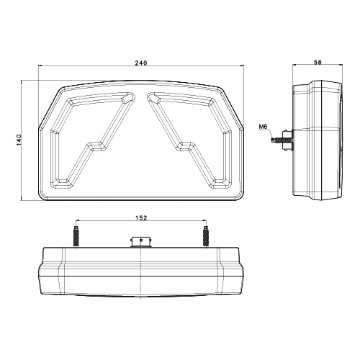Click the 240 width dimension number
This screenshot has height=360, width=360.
click(x=140, y=64)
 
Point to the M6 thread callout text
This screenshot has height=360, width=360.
click(x=264, y=129)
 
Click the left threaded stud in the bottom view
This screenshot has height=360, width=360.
click(x=74, y=235)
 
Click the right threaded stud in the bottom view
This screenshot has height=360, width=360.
click(x=207, y=235)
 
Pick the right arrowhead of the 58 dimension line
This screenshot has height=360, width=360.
click(x=342, y=69)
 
